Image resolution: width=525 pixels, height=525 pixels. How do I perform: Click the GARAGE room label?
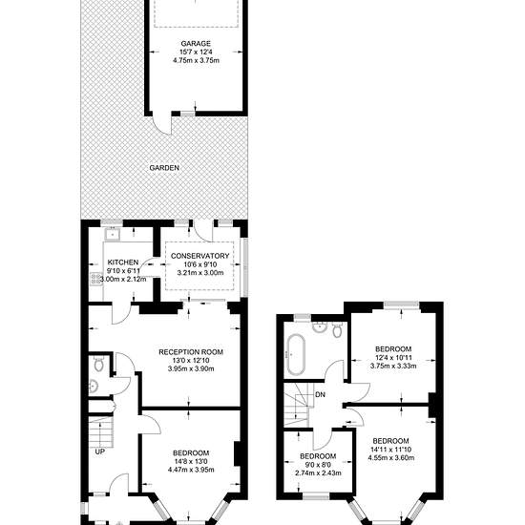[x=196, y=44]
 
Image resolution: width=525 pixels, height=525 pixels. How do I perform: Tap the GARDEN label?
[x=164, y=168]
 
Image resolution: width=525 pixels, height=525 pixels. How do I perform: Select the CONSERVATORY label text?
[x=199, y=256]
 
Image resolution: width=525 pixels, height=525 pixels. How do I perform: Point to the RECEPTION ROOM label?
[x=191, y=352]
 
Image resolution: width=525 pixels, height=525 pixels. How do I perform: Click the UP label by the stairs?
[x=100, y=451]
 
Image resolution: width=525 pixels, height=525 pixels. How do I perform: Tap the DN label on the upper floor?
[x=320, y=395]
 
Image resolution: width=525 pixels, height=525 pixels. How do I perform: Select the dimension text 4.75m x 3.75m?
[x=196, y=60]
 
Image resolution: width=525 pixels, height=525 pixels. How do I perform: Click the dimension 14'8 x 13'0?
[x=191, y=461]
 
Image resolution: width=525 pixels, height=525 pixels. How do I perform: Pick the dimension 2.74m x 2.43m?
[x=318, y=473]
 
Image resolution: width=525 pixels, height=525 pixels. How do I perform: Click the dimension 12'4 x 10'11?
[x=393, y=357]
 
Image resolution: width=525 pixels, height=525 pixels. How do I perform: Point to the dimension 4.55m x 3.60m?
[x=391, y=457]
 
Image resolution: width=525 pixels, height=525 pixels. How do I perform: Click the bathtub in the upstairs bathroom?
[x=296, y=354]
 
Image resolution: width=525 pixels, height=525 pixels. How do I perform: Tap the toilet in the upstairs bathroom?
[x=337, y=330]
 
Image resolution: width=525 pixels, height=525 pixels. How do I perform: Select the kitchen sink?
[x=113, y=234]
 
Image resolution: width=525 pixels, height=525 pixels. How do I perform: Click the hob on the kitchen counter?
[x=95, y=279]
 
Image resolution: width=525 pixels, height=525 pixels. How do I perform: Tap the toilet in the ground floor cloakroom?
[x=98, y=364]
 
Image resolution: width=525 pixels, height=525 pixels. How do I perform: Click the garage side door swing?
[x=162, y=124]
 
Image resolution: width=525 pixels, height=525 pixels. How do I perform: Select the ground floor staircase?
[x=101, y=431]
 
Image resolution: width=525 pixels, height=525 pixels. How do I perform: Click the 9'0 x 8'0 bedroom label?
[x=318, y=456]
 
